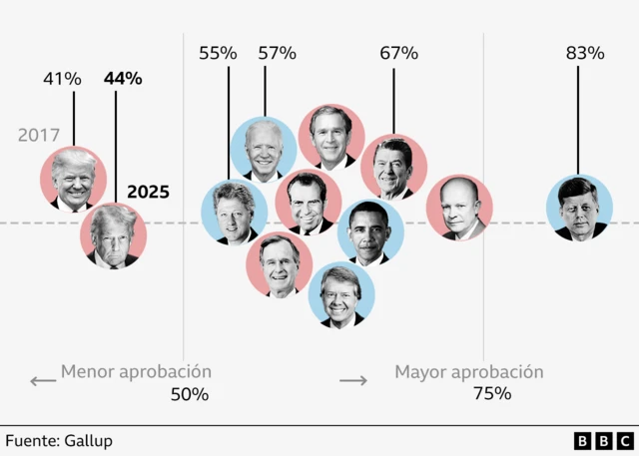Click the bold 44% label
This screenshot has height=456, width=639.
pyautogui.click(x=123, y=78)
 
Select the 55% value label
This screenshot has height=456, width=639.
pyautogui.click(x=218, y=53)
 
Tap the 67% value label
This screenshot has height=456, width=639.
pyautogui.click(x=398, y=53)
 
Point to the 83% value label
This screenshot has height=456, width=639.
pyautogui.click(x=585, y=53)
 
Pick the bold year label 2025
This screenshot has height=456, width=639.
pyautogui.click(x=148, y=192)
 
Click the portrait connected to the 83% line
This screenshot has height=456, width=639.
pyautogui.click(x=579, y=209)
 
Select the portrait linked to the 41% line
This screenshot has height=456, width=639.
pyautogui.click(x=73, y=181)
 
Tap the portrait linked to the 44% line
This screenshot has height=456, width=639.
pyautogui.click(x=114, y=236)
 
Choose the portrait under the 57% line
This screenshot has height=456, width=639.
pyautogui.click(x=264, y=150)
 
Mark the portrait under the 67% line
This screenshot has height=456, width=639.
pyautogui.click(x=393, y=168)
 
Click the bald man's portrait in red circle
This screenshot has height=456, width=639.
pyautogui.click(x=459, y=209)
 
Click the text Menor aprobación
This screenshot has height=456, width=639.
pyautogui.click(x=136, y=372)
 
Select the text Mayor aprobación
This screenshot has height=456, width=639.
pyautogui.click(x=468, y=372)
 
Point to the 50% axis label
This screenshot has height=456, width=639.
pyautogui.click(x=190, y=394)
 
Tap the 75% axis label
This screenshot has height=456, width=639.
pyautogui.click(x=491, y=393)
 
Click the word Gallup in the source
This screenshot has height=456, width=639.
pyautogui.click(x=89, y=440)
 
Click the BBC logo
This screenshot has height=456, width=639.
pyautogui.click(x=602, y=440)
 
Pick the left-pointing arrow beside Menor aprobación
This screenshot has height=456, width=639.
pyautogui.click(x=42, y=380)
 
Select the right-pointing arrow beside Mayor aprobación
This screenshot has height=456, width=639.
pyautogui.click(x=353, y=380)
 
